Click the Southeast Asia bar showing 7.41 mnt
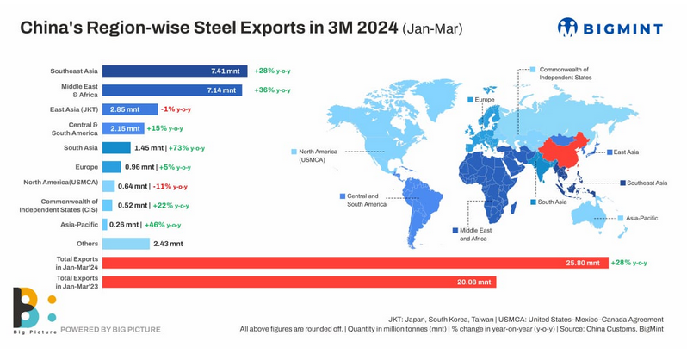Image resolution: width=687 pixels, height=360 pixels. [175, 71]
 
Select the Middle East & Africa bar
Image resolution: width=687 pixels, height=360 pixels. [172, 90]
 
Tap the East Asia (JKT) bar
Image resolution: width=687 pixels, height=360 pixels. [130, 109]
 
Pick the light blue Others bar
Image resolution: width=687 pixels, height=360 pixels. [127, 244]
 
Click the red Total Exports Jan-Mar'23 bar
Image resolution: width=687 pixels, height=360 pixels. [300, 282]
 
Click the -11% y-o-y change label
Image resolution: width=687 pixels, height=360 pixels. [170, 186]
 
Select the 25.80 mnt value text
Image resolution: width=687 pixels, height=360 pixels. [583, 263]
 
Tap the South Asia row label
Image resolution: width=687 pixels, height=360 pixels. [81, 148]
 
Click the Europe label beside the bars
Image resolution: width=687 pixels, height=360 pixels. [86, 167]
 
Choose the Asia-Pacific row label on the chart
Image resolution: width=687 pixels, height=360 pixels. [79, 225]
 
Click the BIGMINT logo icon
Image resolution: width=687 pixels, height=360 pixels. [568, 28]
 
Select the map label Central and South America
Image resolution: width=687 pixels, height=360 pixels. [367, 200]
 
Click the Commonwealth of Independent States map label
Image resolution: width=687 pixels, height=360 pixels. [566, 73]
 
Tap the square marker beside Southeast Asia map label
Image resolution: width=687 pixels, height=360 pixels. [622, 183]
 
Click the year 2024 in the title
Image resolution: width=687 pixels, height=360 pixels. [377, 28]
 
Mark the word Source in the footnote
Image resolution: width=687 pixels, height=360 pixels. [572, 329]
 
